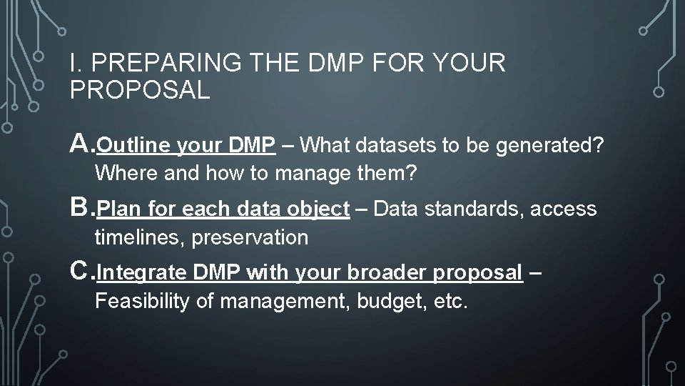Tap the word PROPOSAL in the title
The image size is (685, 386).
pos(140,90)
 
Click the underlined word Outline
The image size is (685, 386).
pos(131,146)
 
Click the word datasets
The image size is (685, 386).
pos(397,146)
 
